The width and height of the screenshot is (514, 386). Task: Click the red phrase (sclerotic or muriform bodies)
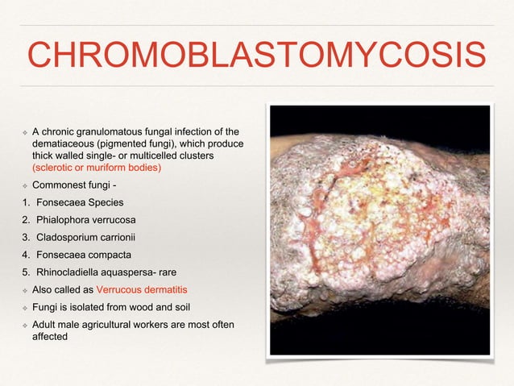(x=96, y=168)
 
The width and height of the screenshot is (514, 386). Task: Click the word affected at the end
(x=50, y=337)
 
